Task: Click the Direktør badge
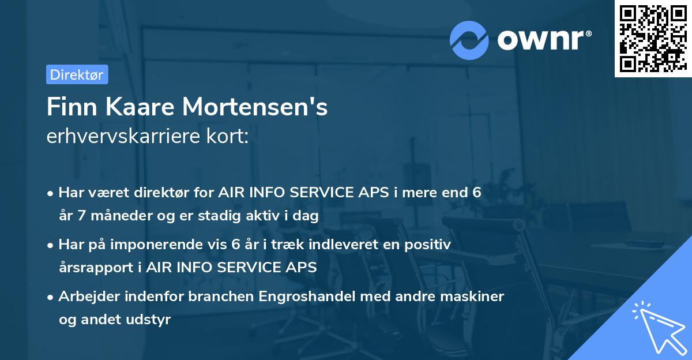[77, 74]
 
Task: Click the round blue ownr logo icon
[469, 40]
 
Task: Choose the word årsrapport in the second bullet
[93, 268]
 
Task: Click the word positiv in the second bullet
[430, 245]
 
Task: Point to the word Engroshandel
[307, 297]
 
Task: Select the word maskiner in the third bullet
[476, 297]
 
